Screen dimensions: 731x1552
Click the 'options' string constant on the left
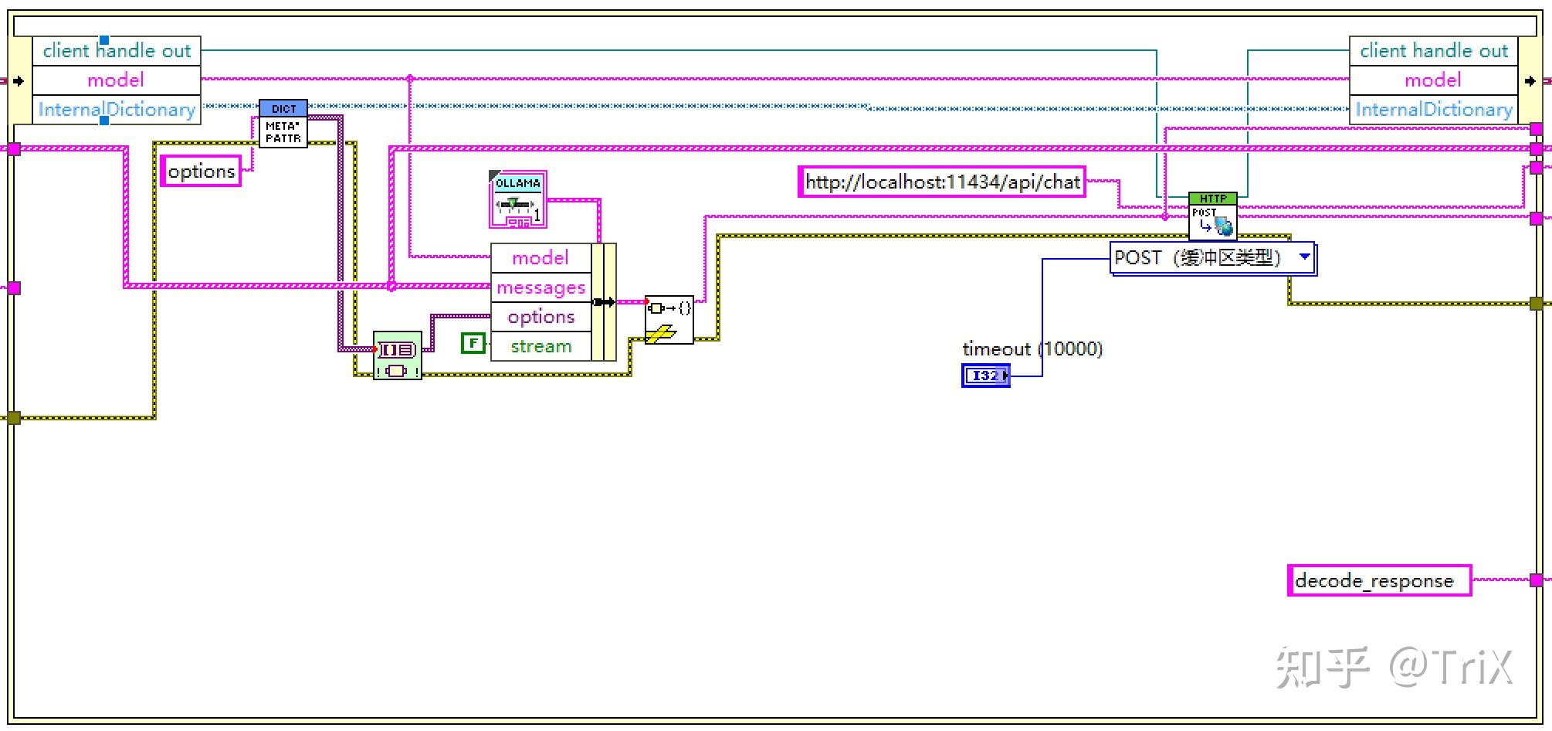click(201, 171)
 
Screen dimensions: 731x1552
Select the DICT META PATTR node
click(283, 124)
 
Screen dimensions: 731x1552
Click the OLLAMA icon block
click(517, 200)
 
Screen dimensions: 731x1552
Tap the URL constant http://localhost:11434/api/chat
click(941, 182)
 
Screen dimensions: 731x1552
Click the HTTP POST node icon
click(1212, 216)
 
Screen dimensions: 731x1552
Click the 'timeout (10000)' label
click(1032, 348)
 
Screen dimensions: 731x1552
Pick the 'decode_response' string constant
click(1378, 580)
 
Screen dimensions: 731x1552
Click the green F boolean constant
click(473, 343)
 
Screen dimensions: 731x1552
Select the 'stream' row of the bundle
click(540, 346)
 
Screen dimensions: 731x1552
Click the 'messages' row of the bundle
click(540, 287)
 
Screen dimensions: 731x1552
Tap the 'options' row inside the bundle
click(540, 317)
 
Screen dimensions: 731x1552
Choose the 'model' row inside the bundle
click(540, 257)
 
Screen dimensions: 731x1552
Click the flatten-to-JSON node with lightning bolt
click(669, 319)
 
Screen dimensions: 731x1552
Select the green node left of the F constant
click(397, 355)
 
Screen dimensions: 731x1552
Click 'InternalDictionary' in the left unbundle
click(117, 110)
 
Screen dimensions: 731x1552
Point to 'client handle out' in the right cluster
click(1433, 51)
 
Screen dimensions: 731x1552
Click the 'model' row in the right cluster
click(1433, 80)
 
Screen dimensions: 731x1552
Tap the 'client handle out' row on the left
click(117, 51)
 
